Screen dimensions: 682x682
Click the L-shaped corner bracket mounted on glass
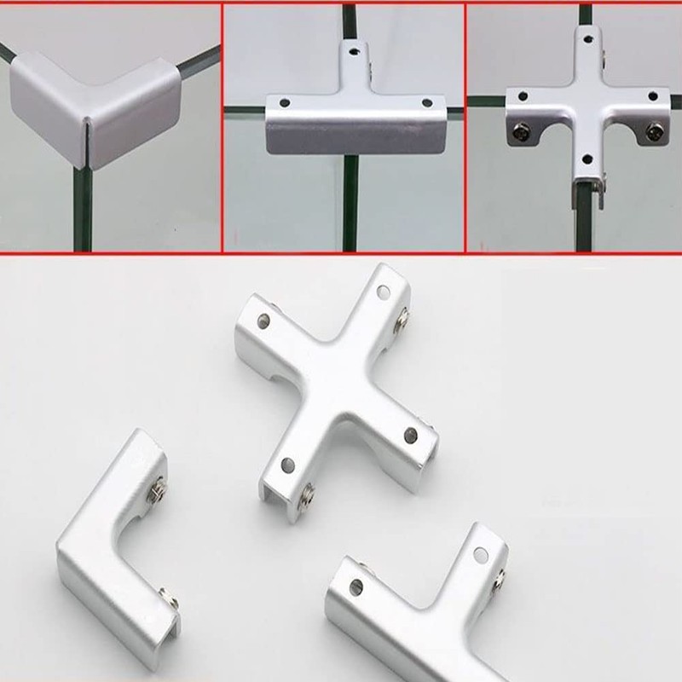point(94,107)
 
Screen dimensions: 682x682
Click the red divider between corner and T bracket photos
point(222,128)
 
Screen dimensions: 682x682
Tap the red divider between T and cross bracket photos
point(465,128)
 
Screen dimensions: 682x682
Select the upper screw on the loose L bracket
point(159,489)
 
